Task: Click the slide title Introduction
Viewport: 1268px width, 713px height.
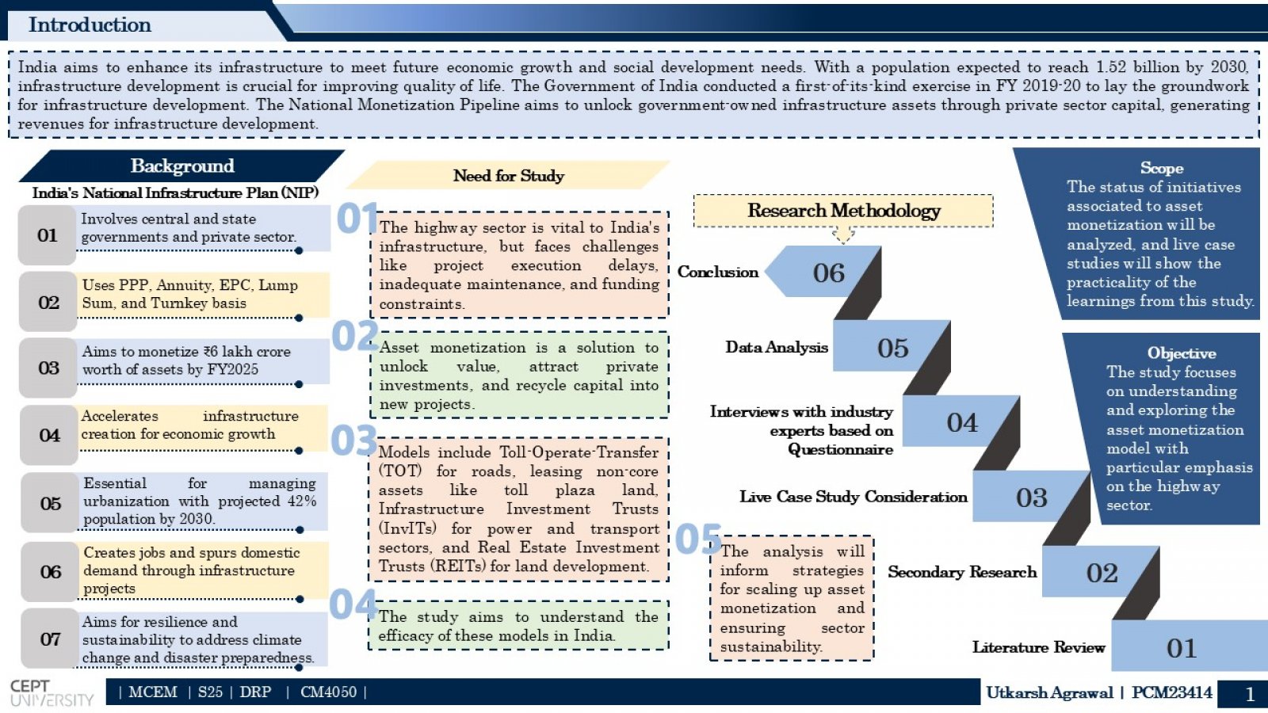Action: pyautogui.click(x=90, y=25)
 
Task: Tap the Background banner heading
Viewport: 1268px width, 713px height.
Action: pyautogui.click(x=182, y=166)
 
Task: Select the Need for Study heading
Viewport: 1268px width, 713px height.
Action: pyautogui.click(x=508, y=176)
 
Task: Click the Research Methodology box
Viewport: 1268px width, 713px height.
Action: pyautogui.click(x=843, y=211)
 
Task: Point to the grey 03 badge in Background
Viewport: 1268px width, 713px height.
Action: pyautogui.click(x=48, y=368)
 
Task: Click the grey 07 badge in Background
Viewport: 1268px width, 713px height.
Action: pyautogui.click(x=50, y=639)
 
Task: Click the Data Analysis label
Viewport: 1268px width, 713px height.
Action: pyautogui.click(x=777, y=348)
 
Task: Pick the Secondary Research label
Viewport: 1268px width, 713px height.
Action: pyautogui.click(x=962, y=572)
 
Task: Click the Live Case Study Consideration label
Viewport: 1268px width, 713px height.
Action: pyautogui.click(x=853, y=497)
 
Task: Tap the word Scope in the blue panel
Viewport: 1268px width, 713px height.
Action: pyautogui.click(x=1162, y=168)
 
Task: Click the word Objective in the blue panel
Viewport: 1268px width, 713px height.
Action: pyautogui.click(x=1182, y=353)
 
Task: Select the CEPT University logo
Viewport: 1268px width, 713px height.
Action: pyautogui.click(x=52, y=693)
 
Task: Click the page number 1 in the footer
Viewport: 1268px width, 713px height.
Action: pyautogui.click(x=1250, y=694)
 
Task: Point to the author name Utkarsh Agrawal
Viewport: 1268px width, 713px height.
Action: pyautogui.click(x=1049, y=692)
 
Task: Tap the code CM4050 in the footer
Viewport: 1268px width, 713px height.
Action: pyautogui.click(x=328, y=692)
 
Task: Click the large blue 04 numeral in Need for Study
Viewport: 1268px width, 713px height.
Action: pyautogui.click(x=353, y=604)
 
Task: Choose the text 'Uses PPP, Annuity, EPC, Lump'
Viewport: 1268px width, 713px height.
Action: pyautogui.click(x=189, y=285)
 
